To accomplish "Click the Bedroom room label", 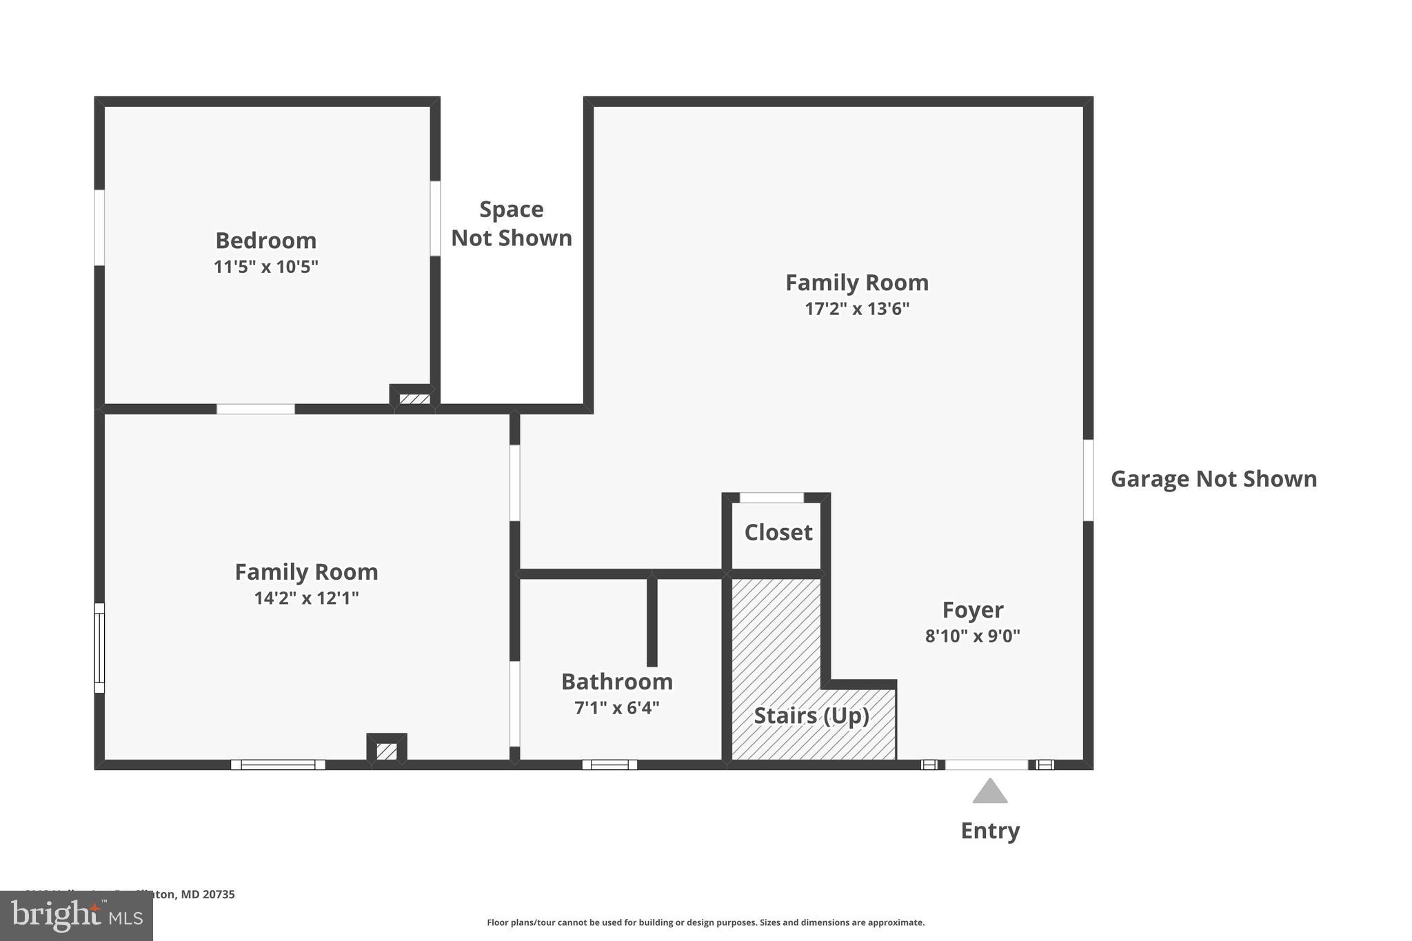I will click(x=265, y=241).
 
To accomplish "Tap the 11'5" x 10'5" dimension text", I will click(x=265, y=267).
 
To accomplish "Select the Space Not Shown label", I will click(x=511, y=223).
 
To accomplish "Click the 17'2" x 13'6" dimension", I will click(x=856, y=309).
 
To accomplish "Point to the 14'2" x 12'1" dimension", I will click(x=306, y=598).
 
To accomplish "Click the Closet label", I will click(x=778, y=532).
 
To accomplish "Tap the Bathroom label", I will click(x=616, y=682).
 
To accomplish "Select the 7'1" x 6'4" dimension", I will click(x=616, y=708).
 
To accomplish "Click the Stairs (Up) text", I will click(x=811, y=716).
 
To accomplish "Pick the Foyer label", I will click(x=972, y=610).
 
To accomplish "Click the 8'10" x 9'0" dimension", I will click(x=972, y=636).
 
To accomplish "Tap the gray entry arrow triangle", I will click(x=990, y=792).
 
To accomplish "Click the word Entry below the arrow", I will click(x=990, y=831).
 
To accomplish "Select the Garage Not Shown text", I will click(x=1213, y=479).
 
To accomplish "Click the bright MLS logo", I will click(x=76, y=915).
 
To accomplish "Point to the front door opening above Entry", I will click(x=986, y=765).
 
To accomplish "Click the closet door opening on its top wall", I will click(x=771, y=498).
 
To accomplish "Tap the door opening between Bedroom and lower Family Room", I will click(x=256, y=409).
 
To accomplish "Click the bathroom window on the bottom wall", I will click(x=609, y=765).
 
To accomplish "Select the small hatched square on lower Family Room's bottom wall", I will click(x=387, y=751).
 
